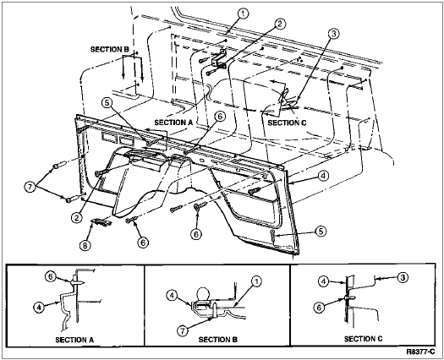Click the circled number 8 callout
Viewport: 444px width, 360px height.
85,246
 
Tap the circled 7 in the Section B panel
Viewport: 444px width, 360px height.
183,330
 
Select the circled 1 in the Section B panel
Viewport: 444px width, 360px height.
256,281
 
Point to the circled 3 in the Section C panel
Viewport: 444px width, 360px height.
403,277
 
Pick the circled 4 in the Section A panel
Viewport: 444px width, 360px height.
39,308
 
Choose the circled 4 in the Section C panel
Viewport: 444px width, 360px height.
323,281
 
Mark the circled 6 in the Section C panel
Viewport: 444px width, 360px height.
319,308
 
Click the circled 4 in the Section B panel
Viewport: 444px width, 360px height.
172,296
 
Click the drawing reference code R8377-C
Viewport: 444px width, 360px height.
420,352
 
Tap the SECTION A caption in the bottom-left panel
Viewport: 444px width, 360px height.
74,340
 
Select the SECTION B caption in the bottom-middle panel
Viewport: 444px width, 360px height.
218,340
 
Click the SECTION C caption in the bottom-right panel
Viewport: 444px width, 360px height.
364,339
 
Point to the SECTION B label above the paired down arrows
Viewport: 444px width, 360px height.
110,49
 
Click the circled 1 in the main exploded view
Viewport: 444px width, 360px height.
243,13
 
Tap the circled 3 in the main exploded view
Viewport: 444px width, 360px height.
333,34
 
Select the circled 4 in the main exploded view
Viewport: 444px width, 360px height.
323,176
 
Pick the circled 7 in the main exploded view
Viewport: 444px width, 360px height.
30,187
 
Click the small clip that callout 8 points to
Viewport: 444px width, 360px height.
101,222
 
